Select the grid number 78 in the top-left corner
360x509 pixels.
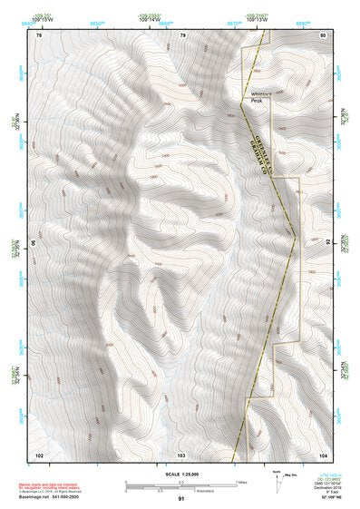[39, 34]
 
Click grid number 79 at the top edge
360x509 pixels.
[182, 34]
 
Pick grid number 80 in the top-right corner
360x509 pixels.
[322, 34]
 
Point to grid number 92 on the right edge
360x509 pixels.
[327, 243]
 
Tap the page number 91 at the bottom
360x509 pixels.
[181, 499]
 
